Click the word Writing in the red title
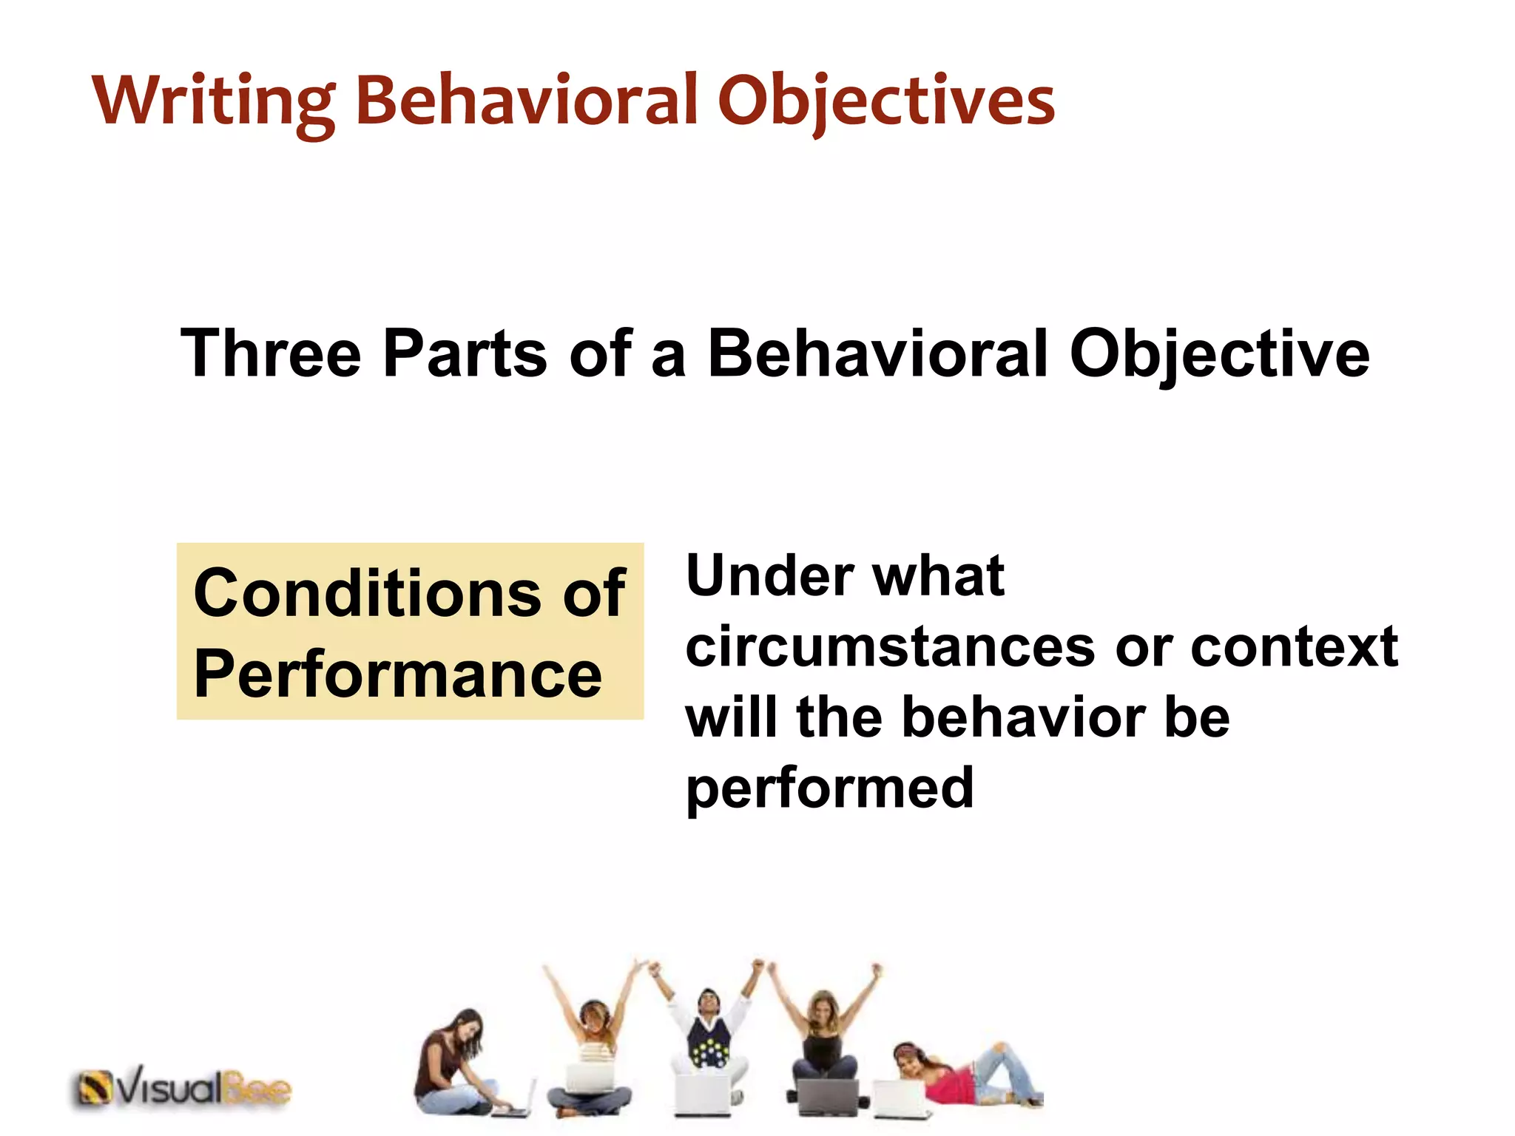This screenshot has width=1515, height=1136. coord(213,101)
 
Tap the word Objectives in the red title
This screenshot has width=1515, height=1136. coord(885,101)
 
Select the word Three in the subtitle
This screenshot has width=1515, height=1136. coord(271,354)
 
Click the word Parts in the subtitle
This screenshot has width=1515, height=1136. coord(465,354)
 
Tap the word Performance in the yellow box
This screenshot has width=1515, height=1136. coord(398,674)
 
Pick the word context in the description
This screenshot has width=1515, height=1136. coord(1294,646)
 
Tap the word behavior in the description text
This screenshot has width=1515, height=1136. coord(1024,717)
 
